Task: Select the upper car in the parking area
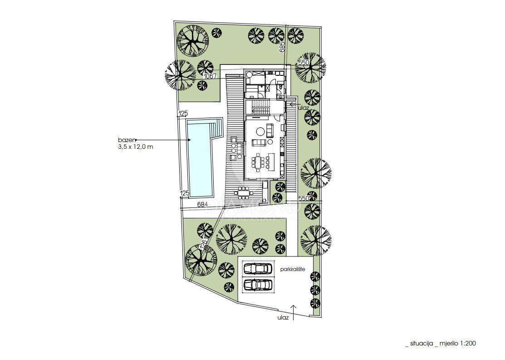click(258, 269)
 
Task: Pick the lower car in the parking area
click(258, 285)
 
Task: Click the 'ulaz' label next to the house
click(303, 108)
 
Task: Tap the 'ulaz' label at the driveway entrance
click(283, 318)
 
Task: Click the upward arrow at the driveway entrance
click(294, 311)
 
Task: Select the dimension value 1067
click(210, 76)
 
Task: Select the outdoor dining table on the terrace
click(245, 193)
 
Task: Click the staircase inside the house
click(260, 109)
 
